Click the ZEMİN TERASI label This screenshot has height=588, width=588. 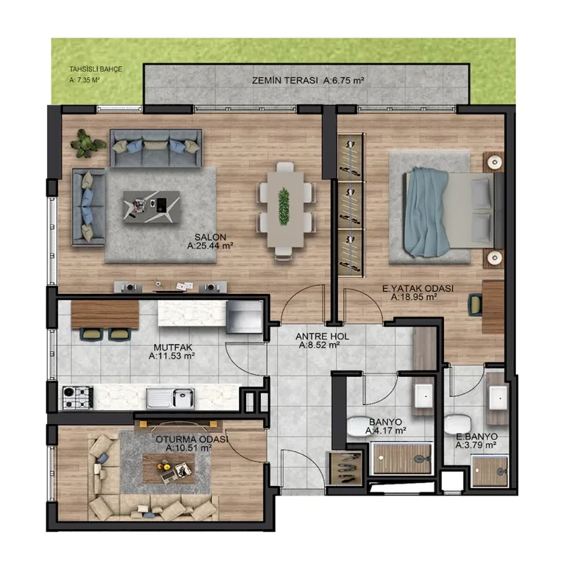pyautogui.click(x=284, y=81)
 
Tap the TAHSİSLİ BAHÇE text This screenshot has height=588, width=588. pyautogui.click(x=96, y=69)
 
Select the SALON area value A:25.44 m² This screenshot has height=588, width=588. pyautogui.click(x=210, y=246)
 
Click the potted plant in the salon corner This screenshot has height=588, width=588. pyautogui.click(x=87, y=143)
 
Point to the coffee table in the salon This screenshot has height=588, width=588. pyautogui.click(x=151, y=207)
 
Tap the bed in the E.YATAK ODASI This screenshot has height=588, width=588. pyautogui.click(x=448, y=212)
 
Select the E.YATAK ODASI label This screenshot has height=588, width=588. pyautogui.click(x=417, y=288)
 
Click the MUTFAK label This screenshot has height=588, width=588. pyautogui.click(x=173, y=348)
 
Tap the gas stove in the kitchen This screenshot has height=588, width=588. pyautogui.click(x=78, y=398)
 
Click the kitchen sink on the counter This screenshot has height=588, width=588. pyautogui.click(x=171, y=398)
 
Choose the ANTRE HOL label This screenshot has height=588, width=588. pyautogui.click(x=322, y=337)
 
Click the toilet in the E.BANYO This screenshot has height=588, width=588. pyautogui.click(x=457, y=425)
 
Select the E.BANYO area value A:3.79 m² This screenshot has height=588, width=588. pyautogui.click(x=476, y=445)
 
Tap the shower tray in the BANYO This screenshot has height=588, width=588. pyautogui.click(x=402, y=458)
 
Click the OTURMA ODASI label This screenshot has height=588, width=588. pyautogui.click(x=192, y=439)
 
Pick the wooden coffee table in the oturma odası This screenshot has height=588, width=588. pyautogui.click(x=168, y=468)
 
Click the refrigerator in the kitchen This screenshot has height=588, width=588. pyautogui.click(x=244, y=317)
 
